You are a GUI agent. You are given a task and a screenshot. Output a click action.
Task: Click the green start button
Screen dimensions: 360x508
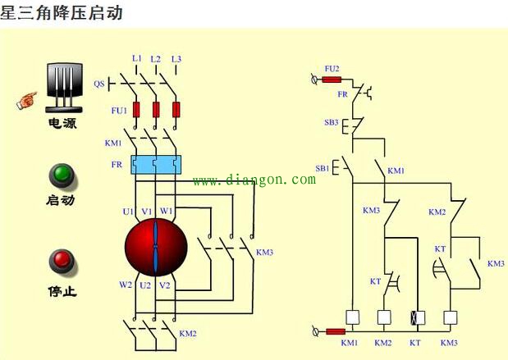tap(62, 175)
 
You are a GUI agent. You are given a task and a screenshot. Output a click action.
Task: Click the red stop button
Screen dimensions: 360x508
tap(62, 262)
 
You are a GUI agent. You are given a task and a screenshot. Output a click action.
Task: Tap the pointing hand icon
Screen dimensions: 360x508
tap(28, 101)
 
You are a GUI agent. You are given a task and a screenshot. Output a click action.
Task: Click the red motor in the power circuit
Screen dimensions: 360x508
tap(156, 247)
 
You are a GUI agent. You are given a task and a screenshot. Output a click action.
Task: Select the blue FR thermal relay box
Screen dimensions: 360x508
tap(156, 165)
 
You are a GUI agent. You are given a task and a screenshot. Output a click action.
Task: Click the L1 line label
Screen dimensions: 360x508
tap(136, 58)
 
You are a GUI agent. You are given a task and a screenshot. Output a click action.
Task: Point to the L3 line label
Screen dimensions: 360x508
tap(176, 58)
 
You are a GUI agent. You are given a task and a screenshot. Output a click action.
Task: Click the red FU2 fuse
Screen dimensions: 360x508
tap(332, 80)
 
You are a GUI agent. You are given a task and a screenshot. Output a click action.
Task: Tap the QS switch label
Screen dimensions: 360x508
tap(98, 84)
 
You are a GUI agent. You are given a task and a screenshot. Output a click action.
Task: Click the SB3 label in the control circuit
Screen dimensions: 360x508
tap(331, 122)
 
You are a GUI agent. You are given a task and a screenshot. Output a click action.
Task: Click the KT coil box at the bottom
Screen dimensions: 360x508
tap(414, 317)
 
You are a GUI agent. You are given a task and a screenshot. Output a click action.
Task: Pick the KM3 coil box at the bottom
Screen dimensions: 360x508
tap(449, 317)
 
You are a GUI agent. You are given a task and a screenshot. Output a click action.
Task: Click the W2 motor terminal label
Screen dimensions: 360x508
tap(125, 285)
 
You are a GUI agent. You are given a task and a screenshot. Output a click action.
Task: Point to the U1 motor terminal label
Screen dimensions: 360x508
tap(128, 212)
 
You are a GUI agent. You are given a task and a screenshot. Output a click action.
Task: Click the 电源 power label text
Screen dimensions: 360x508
tap(62, 124)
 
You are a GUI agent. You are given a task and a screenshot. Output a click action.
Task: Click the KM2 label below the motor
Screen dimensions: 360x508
tap(188, 333)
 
